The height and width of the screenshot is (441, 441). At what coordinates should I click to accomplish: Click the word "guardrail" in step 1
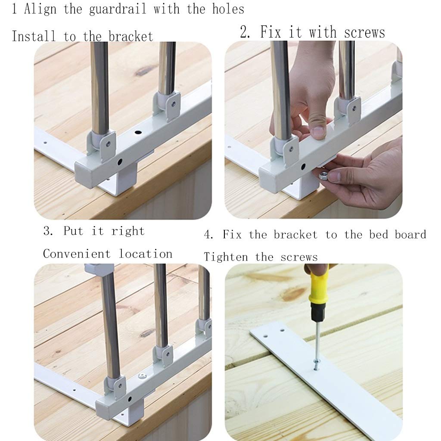pos(118,9)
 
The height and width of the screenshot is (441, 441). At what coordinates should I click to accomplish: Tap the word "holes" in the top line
pos(228,9)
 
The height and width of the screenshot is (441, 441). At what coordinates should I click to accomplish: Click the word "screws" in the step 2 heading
pos(364,33)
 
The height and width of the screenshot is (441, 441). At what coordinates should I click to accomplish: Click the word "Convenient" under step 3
pos(77,254)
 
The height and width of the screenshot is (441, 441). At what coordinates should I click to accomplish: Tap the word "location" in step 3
pos(146,254)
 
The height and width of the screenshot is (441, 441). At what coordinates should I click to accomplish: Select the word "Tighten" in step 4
pos(226,257)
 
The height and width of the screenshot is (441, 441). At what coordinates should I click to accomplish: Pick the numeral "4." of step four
pos(208,235)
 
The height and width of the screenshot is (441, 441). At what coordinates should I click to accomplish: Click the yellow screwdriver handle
pos(319,284)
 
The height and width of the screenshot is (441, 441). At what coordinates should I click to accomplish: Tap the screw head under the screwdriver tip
pos(317,362)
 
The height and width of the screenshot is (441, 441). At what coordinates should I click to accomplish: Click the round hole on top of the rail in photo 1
pos(138,132)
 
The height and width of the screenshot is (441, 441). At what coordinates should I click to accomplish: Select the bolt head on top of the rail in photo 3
pos(142,375)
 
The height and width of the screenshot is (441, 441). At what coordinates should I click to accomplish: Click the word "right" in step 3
pos(127,231)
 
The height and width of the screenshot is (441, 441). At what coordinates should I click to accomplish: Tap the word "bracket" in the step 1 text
pos(131,36)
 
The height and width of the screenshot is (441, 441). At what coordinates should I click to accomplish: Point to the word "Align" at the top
pos(40,9)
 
